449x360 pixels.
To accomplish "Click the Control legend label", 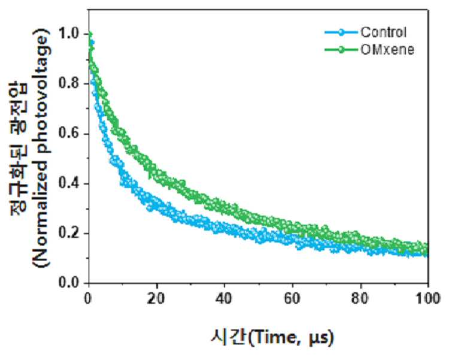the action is coord(383,32).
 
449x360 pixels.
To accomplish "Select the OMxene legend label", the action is coord(387,50).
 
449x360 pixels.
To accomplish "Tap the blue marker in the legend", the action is coord(341,32).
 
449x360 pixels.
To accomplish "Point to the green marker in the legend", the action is coord(341,50).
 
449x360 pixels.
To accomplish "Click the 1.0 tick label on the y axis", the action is coord(69,34).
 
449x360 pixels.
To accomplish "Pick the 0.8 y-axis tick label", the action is coord(69,84).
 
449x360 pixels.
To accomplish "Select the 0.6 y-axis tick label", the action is coord(69,134).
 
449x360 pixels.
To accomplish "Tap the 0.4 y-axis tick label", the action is coord(69,183).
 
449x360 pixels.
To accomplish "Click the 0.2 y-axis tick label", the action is coord(69,234).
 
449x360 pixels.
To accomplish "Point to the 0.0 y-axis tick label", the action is coord(69,283).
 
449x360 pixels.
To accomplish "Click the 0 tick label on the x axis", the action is coord(87,299).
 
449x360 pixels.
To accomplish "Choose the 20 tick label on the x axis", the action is coord(156,299).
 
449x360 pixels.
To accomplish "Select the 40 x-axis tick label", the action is coord(224,299).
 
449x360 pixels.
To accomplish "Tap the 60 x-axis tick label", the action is coord(292,299).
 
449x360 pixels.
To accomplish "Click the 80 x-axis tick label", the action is coord(360,299).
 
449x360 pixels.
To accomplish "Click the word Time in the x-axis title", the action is coord(277,337).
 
